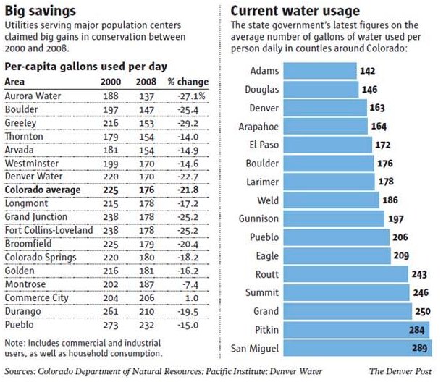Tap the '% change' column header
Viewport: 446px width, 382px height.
(x=187, y=81)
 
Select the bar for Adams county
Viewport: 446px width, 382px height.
(x=319, y=71)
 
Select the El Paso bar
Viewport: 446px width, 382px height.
(x=327, y=145)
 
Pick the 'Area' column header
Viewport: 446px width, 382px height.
(x=15, y=81)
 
